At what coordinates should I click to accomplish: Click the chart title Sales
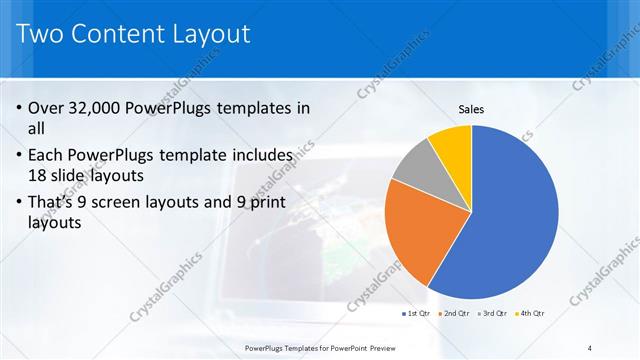pyautogui.click(x=471, y=109)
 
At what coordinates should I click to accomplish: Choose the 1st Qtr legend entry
pyautogui.click(x=416, y=313)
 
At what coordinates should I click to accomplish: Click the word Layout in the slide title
pyautogui.click(x=212, y=34)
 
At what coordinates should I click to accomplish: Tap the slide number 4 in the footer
pyautogui.click(x=591, y=347)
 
